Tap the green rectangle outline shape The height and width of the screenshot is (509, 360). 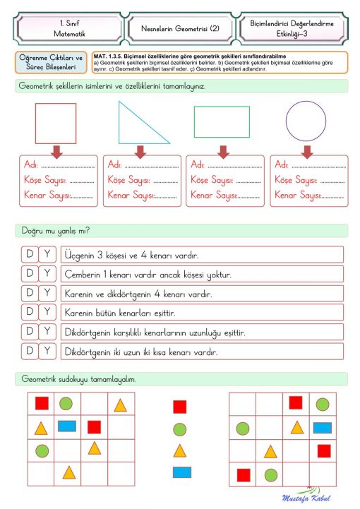221,121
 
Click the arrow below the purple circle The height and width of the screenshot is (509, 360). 307,151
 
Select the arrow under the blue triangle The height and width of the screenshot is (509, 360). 140,151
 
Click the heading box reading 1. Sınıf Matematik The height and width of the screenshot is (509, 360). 67,29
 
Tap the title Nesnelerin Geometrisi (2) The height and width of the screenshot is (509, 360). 179,29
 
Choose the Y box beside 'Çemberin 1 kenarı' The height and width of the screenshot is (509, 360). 47,273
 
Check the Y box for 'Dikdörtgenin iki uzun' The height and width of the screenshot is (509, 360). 47,350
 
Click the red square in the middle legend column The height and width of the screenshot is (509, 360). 179,407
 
